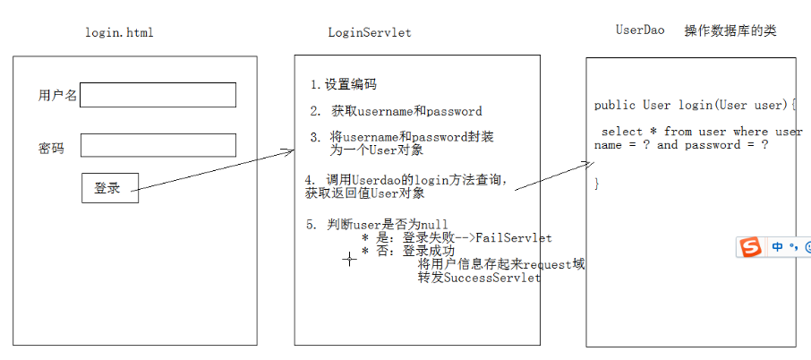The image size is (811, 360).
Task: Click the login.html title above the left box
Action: (x=119, y=33)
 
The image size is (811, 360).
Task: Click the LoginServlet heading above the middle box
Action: (x=370, y=33)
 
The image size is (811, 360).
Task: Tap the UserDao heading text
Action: (x=640, y=30)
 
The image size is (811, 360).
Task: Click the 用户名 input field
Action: (x=158, y=95)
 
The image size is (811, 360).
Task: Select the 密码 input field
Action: (x=158, y=145)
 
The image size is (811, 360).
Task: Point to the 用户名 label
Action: (x=57, y=95)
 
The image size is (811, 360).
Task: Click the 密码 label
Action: (x=51, y=149)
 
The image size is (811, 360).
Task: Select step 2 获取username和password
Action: (x=397, y=112)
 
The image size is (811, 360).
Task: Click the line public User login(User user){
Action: (x=694, y=106)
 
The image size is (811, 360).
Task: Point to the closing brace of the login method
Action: (x=597, y=184)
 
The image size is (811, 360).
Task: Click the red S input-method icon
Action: (x=750, y=246)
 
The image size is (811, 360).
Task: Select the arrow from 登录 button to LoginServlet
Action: (x=215, y=170)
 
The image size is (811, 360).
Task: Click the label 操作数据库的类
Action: (x=730, y=30)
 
